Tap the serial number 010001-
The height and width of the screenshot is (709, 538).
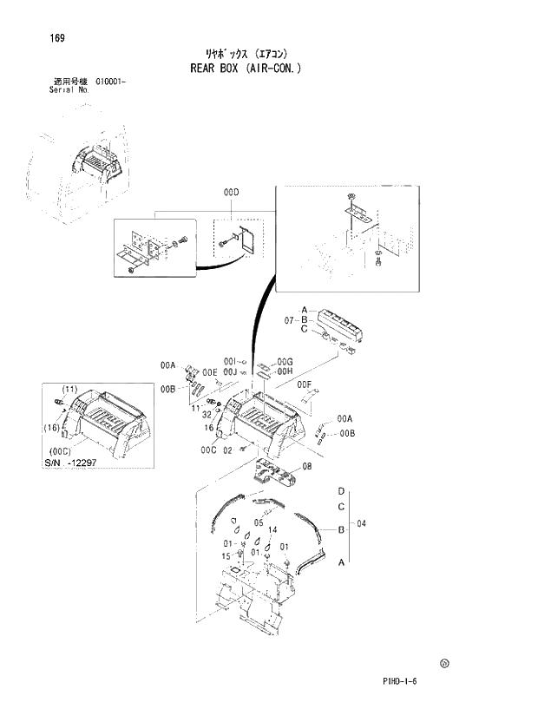click(108, 82)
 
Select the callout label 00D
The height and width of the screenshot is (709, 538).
click(230, 193)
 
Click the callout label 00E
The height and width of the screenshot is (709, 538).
click(210, 372)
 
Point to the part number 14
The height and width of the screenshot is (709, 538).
click(272, 529)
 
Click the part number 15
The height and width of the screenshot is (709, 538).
click(226, 555)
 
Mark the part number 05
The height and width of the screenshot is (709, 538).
click(259, 523)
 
